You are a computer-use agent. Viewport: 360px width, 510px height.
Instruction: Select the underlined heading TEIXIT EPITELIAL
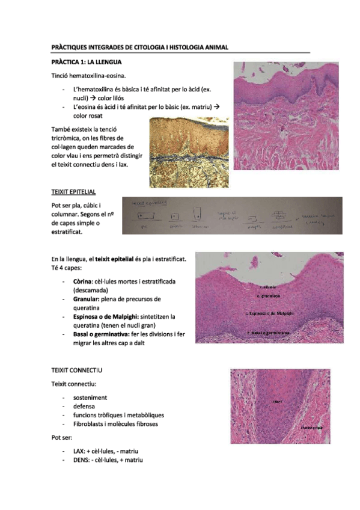coord(74,192)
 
